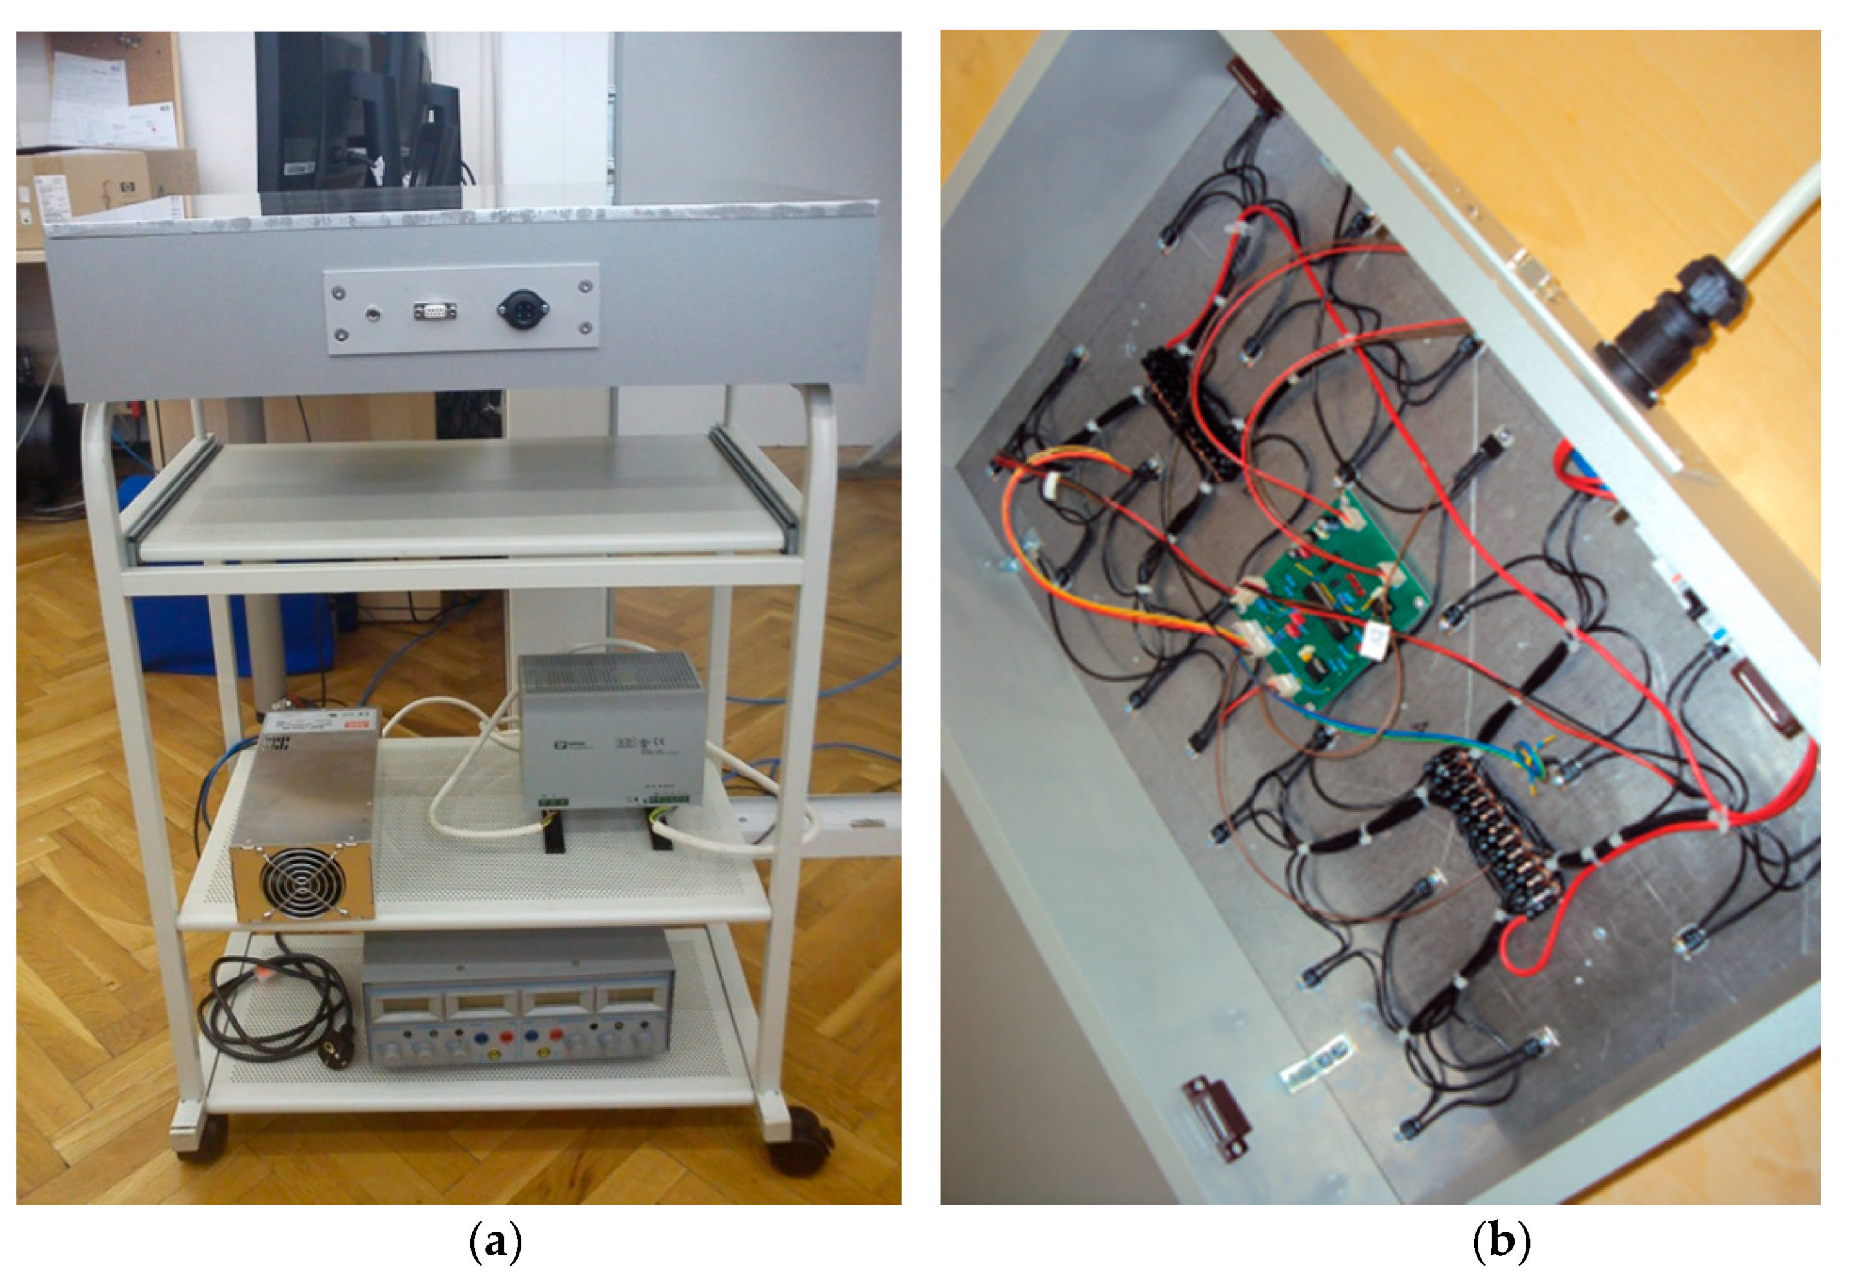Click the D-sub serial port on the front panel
436,310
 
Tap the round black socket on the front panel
523,307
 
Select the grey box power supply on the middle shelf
612,729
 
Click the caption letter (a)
495,1242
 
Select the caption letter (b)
1501,1242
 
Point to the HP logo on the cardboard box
126,187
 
